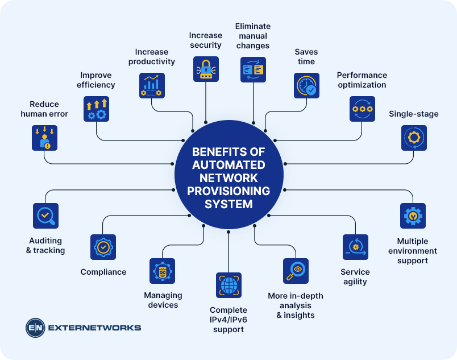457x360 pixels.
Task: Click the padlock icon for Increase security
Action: (x=206, y=69)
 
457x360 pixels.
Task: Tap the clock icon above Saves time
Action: (x=306, y=85)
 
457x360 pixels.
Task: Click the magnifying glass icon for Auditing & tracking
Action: (x=45, y=216)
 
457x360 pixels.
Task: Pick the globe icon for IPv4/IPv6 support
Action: (x=228, y=285)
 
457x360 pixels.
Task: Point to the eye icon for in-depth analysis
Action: (x=296, y=271)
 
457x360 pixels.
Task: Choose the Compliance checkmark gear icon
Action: (x=103, y=247)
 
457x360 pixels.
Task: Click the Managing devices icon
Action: (x=162, y=271)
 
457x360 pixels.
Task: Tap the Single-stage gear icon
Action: (x=414, y=138)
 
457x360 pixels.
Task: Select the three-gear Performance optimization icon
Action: (x=362, y=109)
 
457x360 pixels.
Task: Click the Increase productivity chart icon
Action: (x=152, y=85)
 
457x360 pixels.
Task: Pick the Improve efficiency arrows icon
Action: (x=96, y=109)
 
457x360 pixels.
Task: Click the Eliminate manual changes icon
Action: (x=253, y=69)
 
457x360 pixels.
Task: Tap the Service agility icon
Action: (x=355, y=247)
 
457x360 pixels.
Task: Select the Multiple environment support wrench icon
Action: (x=413, y=216)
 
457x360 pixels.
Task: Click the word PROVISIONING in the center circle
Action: (x=228, y=191)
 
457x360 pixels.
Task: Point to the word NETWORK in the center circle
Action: (x=228, y=178)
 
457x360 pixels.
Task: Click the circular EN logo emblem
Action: (x=35, y=328)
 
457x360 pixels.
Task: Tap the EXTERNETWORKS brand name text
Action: (x=94, y=328)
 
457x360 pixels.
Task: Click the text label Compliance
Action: (x=103, y=272)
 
